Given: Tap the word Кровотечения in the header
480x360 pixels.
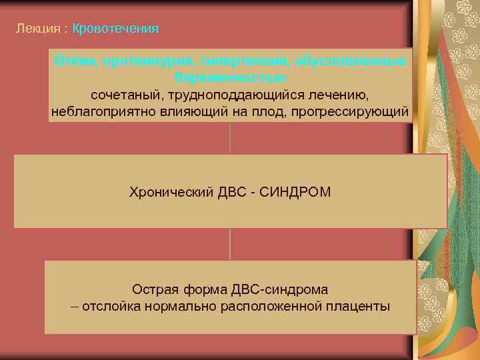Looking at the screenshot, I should click(115, 29).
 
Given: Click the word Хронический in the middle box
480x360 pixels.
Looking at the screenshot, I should click(171, 192).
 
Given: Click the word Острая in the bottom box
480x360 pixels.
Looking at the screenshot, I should click(154, 289).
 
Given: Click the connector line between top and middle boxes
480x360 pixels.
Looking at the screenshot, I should click(230, 138).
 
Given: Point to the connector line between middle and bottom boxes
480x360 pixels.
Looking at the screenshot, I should click(230, 243).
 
